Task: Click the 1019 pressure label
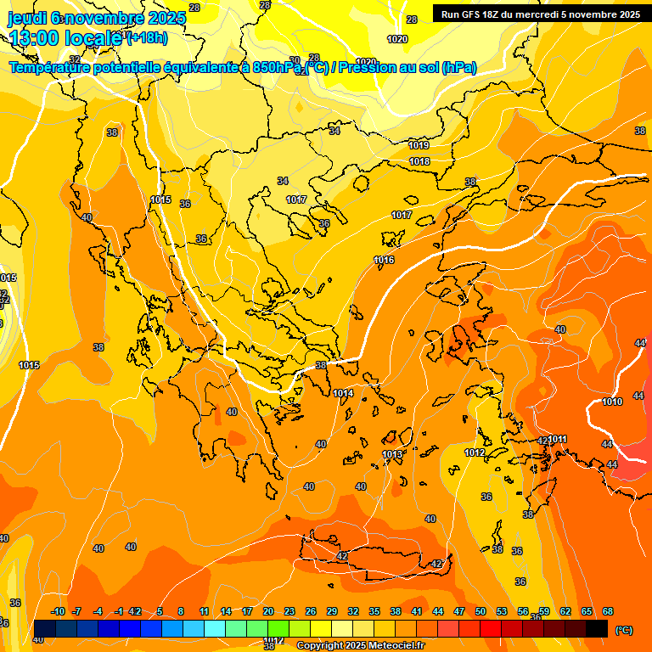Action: (x=419, y=145)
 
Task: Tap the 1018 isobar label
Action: (x=419, y=161)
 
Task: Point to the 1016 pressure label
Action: (x=384, y=260)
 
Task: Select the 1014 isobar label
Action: (x=343, y=393)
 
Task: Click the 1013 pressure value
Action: (x=391, y=454)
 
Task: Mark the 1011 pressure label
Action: (x=557, y=439)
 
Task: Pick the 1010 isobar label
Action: (x=612, y=402)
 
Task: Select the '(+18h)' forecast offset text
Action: (x=147, y=38)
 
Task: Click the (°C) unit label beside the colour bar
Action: (x=624, y=630)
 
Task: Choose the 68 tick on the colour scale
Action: (x=608, y=611)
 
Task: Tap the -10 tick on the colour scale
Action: (x=58, y=611)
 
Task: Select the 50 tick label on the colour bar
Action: (x=481, y=611)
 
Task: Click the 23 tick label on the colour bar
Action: (x=289, y=611)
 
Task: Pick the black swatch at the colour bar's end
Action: (x=597, y=628)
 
